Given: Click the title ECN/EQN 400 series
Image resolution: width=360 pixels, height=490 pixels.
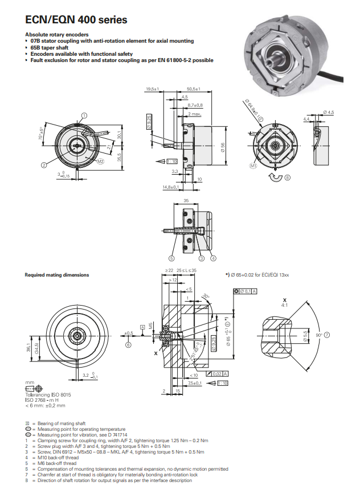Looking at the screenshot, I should tap(76, 20).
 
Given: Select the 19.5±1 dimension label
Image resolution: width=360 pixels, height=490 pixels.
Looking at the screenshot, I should tap(152, 89).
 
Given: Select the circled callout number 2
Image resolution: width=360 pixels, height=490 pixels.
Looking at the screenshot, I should tap(44, 165).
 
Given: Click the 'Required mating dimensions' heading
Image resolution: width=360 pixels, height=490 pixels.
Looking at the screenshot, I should tap(56, 275).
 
